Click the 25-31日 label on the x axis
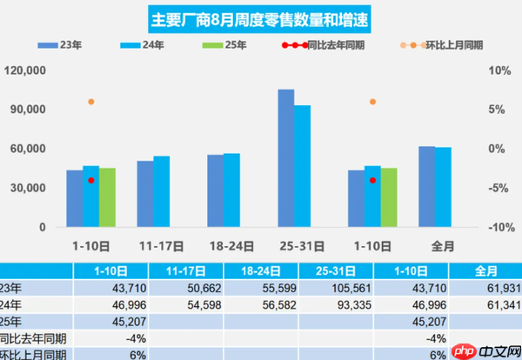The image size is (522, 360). point(293,246)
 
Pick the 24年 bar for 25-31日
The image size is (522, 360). point(302,166)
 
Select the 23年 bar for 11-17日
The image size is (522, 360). point(144,193)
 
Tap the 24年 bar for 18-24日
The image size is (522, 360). point(231,190)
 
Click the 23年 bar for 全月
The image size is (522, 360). point(426,186)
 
